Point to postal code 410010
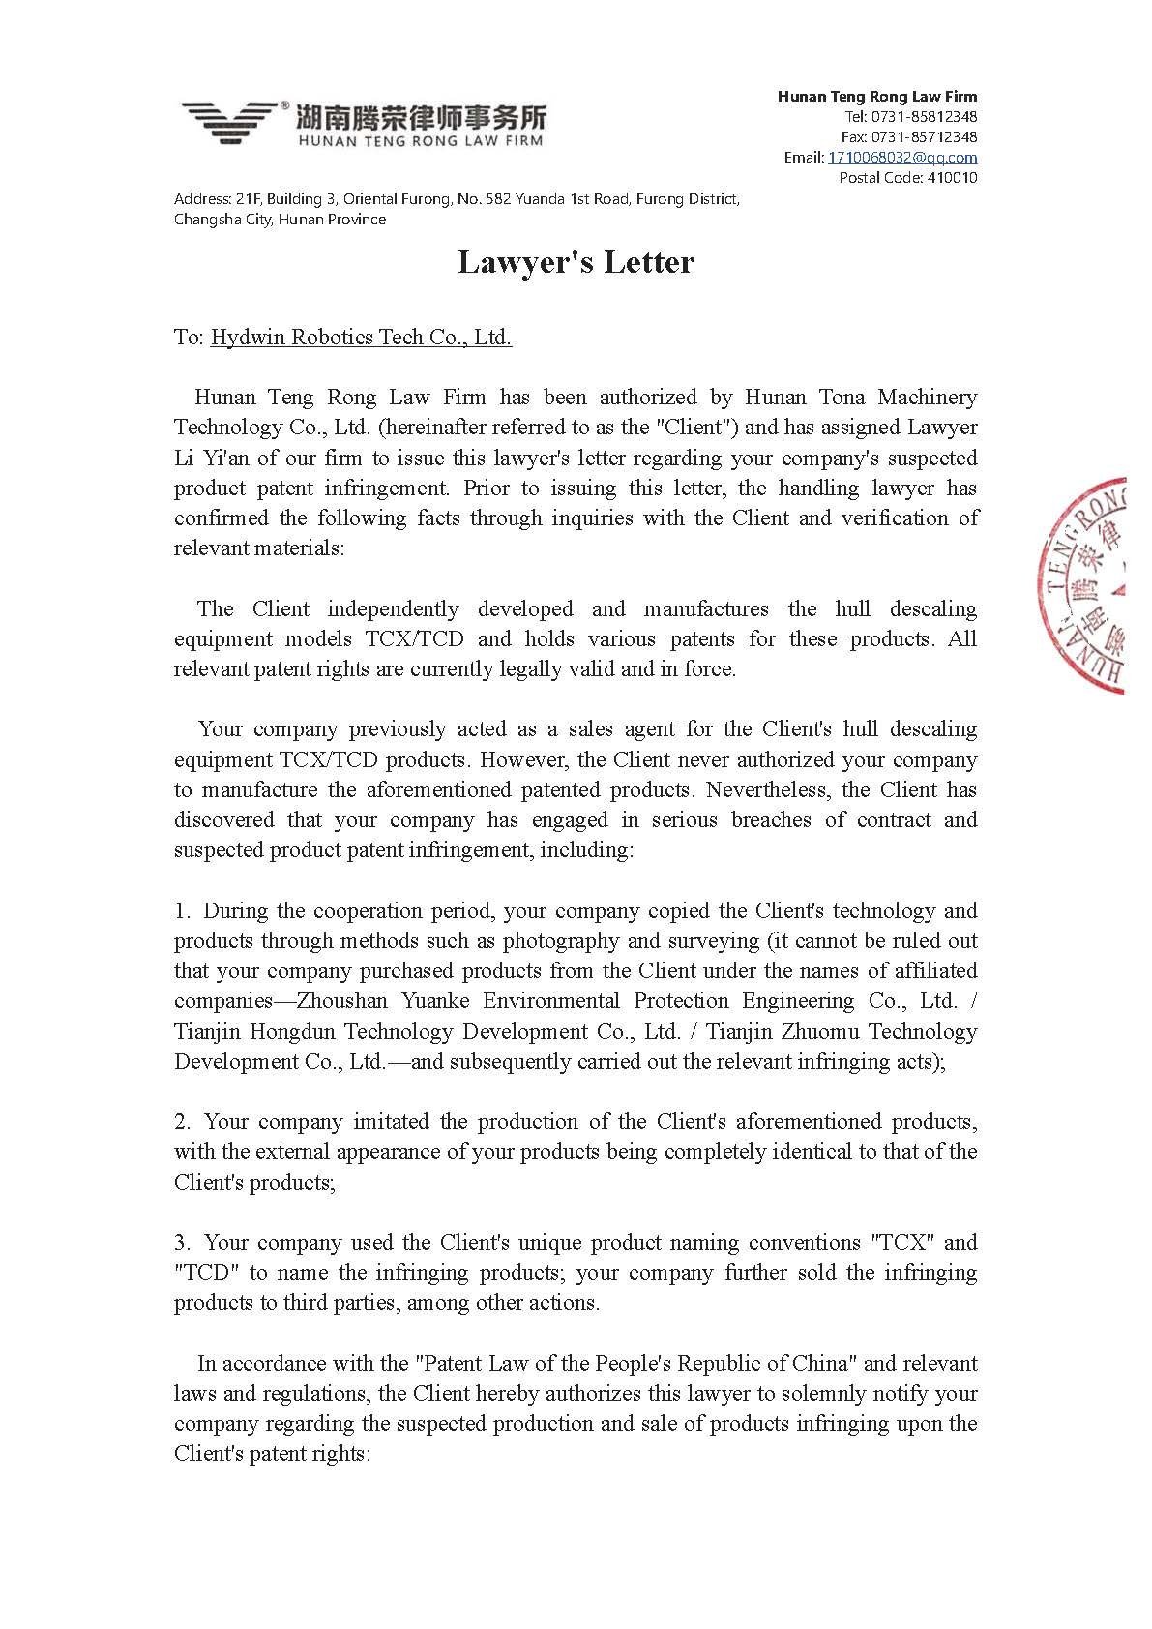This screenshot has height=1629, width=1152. [x=952, y=177]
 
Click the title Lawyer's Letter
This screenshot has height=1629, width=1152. [x=576, y=262]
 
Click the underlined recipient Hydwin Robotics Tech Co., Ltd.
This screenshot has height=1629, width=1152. [x=361, y=337]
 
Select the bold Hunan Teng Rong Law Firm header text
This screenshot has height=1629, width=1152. [x=877, y=96]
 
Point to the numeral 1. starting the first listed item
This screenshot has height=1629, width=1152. [x=183, y=910]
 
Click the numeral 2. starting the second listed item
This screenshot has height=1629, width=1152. [x=183, y=1121]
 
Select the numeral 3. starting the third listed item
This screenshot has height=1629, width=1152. [x=183, y=1242]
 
